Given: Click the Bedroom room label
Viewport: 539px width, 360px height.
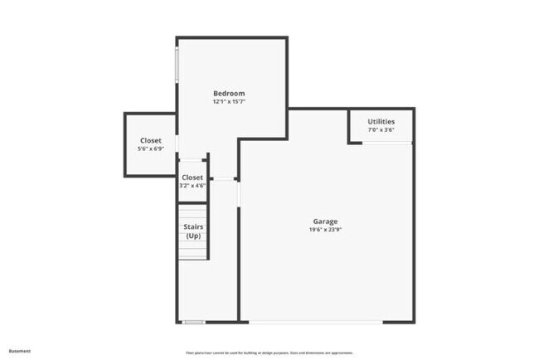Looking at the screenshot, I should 229,93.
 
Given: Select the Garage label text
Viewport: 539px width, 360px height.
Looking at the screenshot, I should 325,221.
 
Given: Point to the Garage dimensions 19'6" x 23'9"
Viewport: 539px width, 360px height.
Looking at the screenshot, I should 325,229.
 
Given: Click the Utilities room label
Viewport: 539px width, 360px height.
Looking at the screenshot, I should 381,121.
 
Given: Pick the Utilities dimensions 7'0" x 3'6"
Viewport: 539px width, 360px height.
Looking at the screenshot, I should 381,129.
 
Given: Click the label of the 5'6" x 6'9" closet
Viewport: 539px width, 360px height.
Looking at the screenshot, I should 151,140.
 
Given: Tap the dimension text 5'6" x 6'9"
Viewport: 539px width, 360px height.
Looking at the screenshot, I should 151,148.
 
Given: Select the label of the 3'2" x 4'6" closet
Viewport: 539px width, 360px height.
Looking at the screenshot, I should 192,177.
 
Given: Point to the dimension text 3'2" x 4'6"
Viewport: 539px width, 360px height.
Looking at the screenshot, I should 192,185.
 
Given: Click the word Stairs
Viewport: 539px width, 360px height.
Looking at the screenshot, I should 193,226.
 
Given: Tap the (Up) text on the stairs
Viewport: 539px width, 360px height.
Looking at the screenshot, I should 193,236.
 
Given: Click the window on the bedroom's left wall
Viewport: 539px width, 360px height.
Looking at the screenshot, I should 176,65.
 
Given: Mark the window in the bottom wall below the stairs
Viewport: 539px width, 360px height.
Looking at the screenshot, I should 194,322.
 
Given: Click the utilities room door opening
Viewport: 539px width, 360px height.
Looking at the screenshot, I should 387,143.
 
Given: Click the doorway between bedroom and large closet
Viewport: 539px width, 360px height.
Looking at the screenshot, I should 177,144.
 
